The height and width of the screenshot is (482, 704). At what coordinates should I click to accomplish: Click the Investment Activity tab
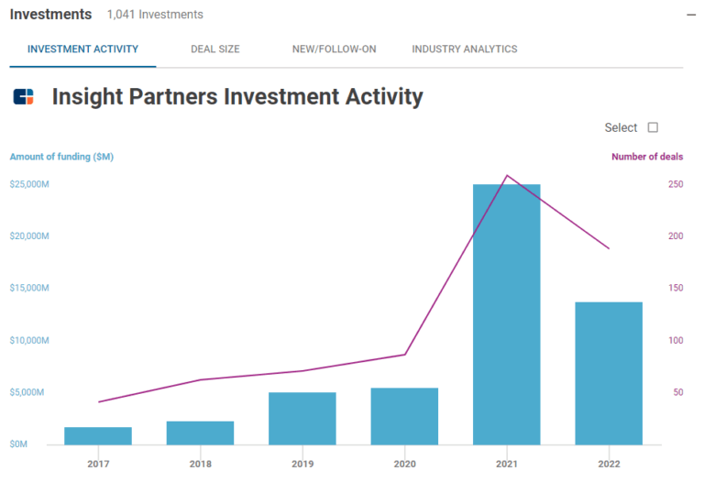click(x=82, y=49)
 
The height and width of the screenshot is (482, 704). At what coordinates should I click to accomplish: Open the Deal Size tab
click(x=214, y=49)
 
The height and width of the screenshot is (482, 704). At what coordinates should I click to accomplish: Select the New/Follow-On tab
click(x=334, y=49)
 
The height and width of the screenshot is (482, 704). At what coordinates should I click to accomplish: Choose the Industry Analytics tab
click(x=464, y=49)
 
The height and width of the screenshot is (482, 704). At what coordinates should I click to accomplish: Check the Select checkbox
click(x=653, y=127)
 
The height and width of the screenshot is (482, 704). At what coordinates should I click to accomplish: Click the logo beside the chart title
click(x=24, y=96)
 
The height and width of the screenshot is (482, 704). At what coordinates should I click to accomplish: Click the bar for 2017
click(x=97, y=435)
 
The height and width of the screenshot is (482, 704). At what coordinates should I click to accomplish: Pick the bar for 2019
click(x=302, y=418)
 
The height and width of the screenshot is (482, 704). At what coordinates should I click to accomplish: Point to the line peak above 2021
click(x=507, y=175)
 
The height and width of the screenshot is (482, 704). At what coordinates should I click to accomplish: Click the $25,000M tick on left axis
click(x=29, y=184)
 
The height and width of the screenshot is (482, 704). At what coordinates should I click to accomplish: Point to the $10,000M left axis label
click(x=29, y=340)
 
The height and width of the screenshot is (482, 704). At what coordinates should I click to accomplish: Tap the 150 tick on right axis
click(x=675, y=288)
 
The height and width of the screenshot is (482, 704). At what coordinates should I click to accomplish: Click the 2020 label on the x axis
click(x=404, y=465)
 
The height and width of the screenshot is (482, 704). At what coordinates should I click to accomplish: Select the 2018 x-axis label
click(x=200, y=465)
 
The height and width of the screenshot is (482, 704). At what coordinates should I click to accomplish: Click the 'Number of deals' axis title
click(x=646, y=157)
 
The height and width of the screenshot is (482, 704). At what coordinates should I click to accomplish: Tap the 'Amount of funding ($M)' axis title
click(x=61, y=157)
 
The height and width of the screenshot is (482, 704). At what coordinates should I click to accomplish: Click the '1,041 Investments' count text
click(x=155, y=15)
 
